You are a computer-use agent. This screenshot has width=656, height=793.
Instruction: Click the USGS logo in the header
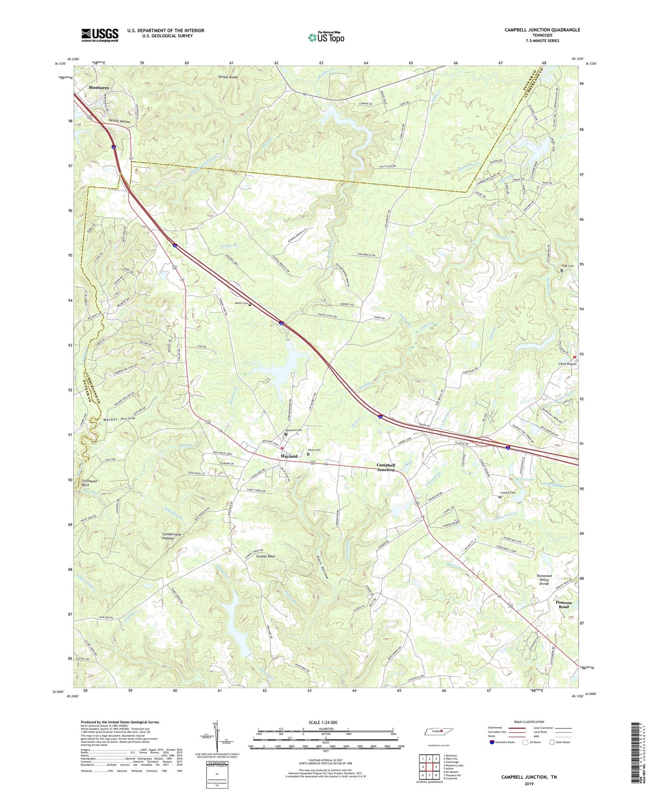click(100, 35)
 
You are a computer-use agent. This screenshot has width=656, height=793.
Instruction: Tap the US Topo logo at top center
click(326, 38)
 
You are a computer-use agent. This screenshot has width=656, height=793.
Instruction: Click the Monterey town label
click(99, 87)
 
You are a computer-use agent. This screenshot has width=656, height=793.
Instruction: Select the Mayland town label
click(289, 456)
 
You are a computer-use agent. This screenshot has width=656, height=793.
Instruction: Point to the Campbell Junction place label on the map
click(386, 467)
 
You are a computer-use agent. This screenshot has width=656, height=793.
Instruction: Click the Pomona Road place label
click(563, 604)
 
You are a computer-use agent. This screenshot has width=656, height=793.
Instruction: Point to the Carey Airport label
click(567, 363)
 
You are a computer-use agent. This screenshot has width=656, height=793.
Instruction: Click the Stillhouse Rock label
click(91, 483)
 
